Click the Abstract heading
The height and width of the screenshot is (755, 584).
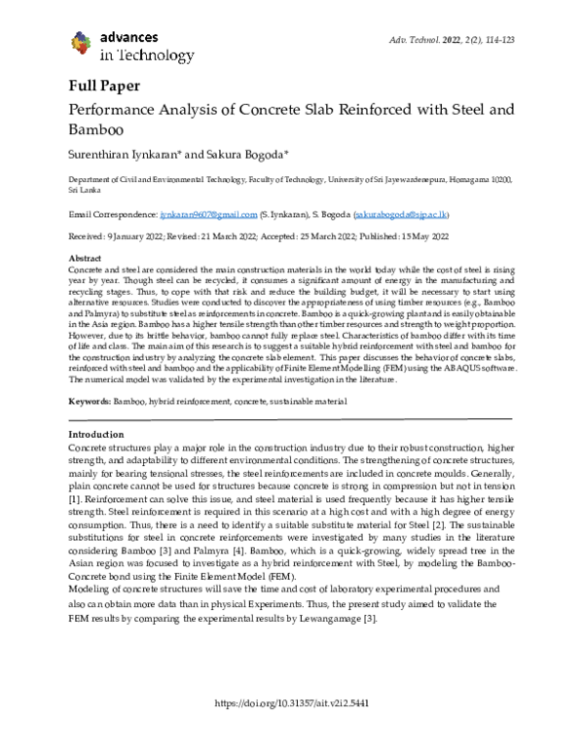pos(85,255)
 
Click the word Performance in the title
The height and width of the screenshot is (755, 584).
pos(117,106)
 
